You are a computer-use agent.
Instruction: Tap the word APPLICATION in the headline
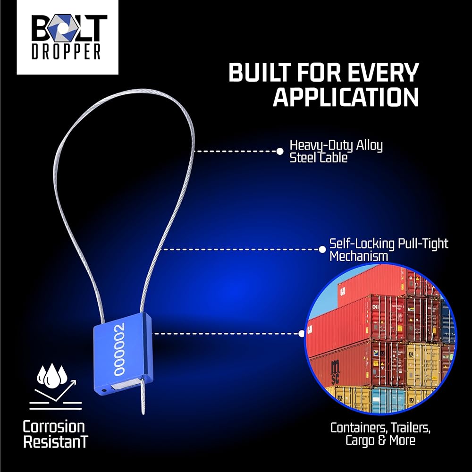point(346,96)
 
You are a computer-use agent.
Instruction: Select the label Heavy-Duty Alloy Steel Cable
point(336,151)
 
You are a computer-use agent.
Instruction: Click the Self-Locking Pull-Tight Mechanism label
point(388,250)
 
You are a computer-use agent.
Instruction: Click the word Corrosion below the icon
point(54,427)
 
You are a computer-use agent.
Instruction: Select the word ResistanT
point(55,443)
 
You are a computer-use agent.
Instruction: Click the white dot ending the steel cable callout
point(279,151)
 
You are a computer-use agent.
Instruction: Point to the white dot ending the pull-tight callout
point(320,249)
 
